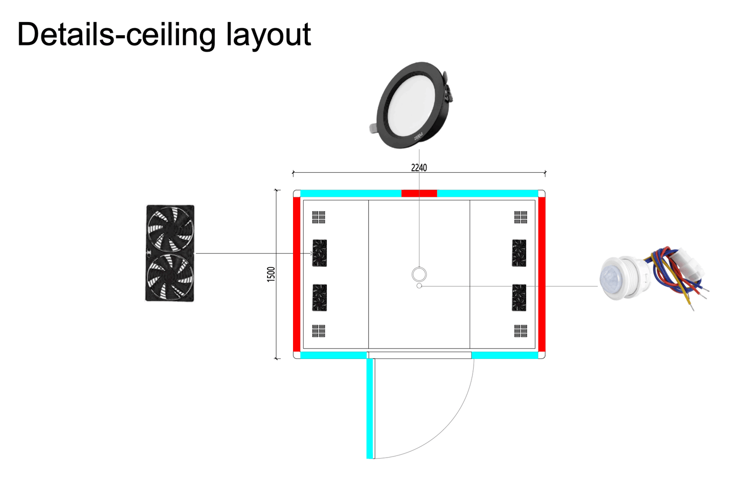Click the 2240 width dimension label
[419, 168]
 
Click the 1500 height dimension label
[271, 274]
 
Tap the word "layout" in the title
[268, 35]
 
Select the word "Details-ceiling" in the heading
[117, 35]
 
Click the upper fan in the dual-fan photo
[170, 229]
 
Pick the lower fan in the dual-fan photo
[170, 277]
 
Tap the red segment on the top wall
[419, 193]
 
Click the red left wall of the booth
[297, 274]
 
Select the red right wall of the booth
[542, 274]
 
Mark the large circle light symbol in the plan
[419, 275]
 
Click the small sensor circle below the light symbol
[419, 286]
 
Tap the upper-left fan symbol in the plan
[320, 253]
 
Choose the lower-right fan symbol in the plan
[519, 298]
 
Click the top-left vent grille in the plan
[319, 217]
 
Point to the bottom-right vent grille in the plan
[521, 331]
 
